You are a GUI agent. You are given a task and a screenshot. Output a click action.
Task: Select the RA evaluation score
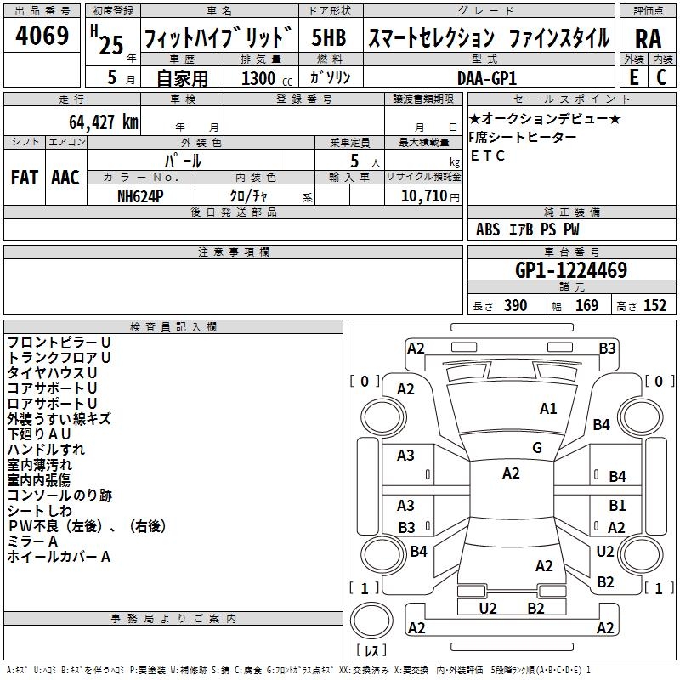(648, 37)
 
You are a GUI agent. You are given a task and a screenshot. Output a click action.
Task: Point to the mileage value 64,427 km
(98, 122)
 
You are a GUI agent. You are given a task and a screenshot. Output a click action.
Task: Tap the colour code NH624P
(141, 195)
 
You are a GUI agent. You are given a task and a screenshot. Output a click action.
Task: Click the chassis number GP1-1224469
(571, 271)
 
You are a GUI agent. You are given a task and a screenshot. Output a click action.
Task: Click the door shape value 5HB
(328, 37)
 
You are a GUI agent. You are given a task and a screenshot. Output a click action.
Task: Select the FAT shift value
(25, 178)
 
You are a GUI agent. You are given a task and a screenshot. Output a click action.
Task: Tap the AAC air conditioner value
(65, 178)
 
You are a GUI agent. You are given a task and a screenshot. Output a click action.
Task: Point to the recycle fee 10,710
(422, 195)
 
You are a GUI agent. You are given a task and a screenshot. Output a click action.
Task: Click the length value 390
(515, 306)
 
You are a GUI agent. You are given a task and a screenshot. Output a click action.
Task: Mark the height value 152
(654, 306)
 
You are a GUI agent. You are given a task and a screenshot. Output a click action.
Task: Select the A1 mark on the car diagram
(548, 409)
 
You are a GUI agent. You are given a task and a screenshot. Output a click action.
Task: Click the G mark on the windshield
(537, 448)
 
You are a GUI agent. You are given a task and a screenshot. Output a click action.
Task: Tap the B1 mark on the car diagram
(617, 506)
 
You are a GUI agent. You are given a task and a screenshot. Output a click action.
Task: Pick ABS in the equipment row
(488, 229)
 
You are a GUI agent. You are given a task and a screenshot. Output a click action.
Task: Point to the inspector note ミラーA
(32, 541)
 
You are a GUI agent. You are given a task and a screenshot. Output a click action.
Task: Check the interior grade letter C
(661, 77)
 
